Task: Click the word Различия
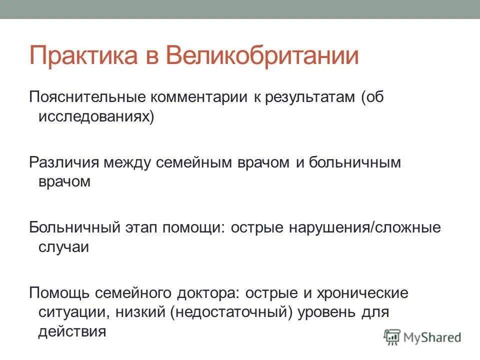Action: pyautogui.click(x=64, y=162)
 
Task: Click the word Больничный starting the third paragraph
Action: pyautogui.click(x=74, y=227)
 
